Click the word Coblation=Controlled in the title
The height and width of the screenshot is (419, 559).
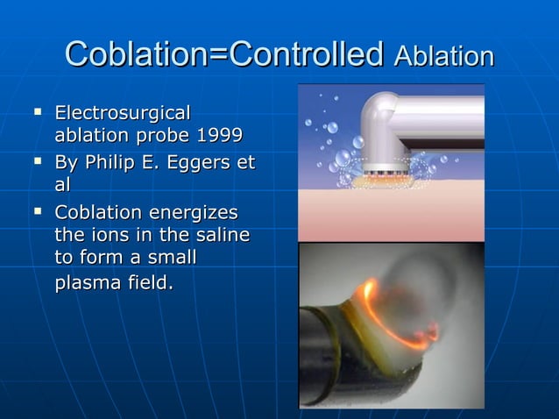(x=224, y=54)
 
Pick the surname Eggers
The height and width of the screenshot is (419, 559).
(x=200, y=162)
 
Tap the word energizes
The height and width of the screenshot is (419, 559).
(x=194, y=212)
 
